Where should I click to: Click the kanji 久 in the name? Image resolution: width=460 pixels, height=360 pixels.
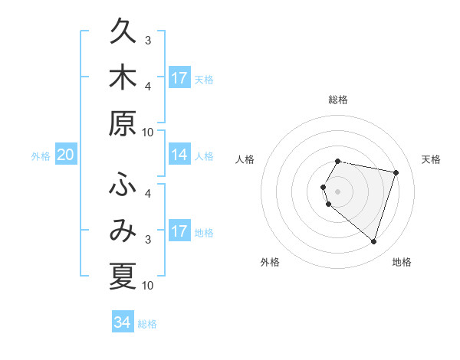(123, 34)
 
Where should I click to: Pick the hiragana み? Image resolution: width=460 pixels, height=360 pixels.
(123, 231)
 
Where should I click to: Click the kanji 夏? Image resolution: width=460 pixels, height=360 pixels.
(123, 275)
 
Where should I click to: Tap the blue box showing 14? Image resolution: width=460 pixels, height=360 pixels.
(179, 155)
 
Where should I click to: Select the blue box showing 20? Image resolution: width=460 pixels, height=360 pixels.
(65, 155)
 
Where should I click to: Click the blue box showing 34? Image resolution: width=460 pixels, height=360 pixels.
(123, 322)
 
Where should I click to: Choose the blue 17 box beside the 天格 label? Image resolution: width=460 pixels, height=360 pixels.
(179, 78)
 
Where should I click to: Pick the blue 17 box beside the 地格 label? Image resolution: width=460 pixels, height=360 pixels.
(179, 231)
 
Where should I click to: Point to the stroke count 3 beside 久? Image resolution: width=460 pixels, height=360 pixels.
(148, 41)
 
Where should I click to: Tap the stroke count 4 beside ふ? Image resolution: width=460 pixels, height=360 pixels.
(148, 194)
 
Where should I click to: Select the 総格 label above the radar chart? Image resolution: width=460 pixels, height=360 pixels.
(338, 100)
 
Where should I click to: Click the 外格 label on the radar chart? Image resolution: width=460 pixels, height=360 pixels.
(270, 262)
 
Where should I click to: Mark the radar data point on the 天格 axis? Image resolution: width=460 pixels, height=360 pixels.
(396, 172)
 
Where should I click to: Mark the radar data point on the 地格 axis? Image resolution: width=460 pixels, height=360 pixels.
(373, 241)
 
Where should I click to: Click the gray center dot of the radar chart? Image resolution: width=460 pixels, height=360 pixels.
(338, 191)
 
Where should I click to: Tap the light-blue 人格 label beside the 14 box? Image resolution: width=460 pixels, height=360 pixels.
(204, 156)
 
